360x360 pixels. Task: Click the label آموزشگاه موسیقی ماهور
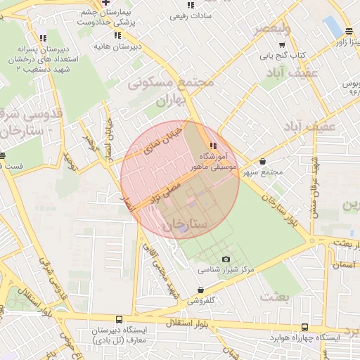(x=214, y=160)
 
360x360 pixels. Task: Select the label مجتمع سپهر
(x=263, y=172)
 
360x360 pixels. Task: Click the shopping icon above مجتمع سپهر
(x=263, y=161)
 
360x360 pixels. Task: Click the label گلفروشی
(x=202, y=300)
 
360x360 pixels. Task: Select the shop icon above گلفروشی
(x=202, y=290)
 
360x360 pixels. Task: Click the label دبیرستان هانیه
(x=117, y=46)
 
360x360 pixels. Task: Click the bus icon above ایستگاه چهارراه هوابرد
(x=304, y=327)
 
